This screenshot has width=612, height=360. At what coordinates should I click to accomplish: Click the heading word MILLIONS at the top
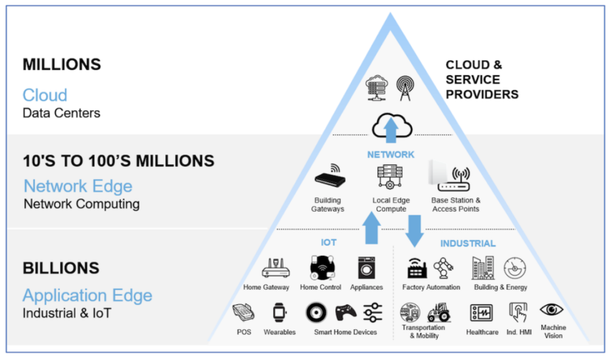pyautogui.click(x=62, y=65)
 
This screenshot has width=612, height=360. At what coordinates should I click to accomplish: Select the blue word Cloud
pyautogui.click(x=45, y=95)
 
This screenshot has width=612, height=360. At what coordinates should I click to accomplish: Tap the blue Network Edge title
pyautogui.click(x=78, y=186)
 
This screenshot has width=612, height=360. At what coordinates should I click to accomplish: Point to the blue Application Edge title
pyautogui.click(x=87, y=295)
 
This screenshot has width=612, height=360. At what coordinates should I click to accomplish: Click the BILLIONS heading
pyautogui.click(x=61, y=269)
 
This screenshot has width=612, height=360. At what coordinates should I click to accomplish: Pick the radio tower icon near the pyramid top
pyautogui.click(x=405, y=89)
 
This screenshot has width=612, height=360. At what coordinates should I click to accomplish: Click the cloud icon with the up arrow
pyautogui.click(x=391, y=126)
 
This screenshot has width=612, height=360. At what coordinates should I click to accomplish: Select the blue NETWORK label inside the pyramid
pyautogui.click(x=391, y=155)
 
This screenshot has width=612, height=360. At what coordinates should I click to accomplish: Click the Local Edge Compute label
pyautogui.click(x=391, y=205)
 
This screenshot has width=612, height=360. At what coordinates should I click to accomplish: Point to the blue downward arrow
pyautogui.click(x=415, y=231)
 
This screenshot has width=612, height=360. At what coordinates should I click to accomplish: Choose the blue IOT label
pyautogui.click(x=329, y=242)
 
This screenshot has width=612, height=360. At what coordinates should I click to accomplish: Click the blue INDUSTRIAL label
pyautogui.click(x=468, y=243)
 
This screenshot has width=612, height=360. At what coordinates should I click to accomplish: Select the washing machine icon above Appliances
pyautogui.click(x=366, y=268)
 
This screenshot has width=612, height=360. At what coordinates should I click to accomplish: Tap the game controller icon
pyautogui.click(x=346, y=312)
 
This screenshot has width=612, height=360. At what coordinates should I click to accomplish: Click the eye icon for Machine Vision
pyautogui.click(x=552, y=310)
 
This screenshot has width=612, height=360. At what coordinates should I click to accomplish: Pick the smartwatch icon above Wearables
pyautogui.click(x=279, y=312)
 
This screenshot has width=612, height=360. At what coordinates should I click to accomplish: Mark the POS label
pyautogui.click(x=244, y=332)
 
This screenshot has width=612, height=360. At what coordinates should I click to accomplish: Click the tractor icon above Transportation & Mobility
pyautogui.click(x=439, y=312)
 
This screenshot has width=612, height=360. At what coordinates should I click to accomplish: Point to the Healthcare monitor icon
pyautogui.click(x=482, y=313)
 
